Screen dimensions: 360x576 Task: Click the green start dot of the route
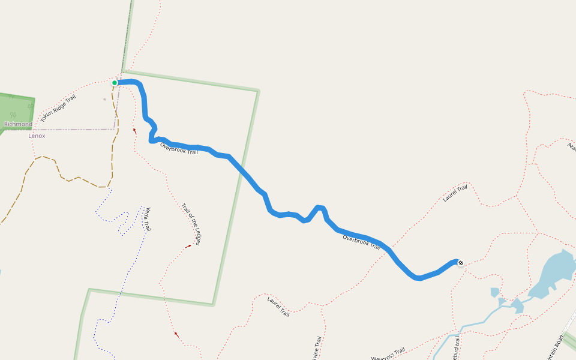(115, 83)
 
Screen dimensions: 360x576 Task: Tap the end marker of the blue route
(460, 262)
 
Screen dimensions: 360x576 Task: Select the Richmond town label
(18, 124)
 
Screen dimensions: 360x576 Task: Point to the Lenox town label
(37, 136)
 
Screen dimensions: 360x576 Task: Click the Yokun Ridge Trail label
(58, 109)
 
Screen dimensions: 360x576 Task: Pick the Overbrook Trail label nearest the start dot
(179, 149)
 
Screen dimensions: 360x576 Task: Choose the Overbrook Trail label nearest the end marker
(361, 242)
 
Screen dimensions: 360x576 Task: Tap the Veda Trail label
(146, 219)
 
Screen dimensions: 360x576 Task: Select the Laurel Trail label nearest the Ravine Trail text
(278, 306)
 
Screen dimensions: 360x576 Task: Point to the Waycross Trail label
(388, 354)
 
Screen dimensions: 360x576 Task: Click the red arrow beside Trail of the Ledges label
(188, 245)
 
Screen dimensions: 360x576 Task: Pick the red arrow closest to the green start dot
(134, 130)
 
